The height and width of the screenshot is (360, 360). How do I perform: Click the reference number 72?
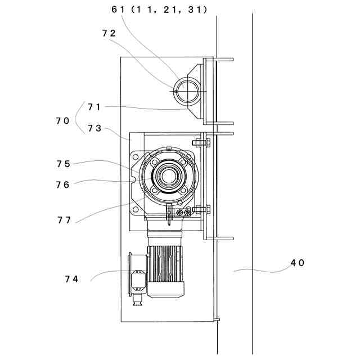coord(109,33)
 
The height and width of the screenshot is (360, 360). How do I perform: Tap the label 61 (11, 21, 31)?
coord(160,10)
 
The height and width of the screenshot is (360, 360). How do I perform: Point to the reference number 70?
coord(62,120)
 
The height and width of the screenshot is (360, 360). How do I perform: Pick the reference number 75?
coord(64,164)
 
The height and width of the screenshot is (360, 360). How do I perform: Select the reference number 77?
coord(64,220)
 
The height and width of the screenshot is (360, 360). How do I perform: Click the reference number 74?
coord(71,278)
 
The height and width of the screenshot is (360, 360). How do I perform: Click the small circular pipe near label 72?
coord(186,89)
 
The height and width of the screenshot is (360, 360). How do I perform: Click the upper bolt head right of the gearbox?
coord(203,143)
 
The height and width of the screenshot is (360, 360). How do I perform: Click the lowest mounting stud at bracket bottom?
coord(217,320)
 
